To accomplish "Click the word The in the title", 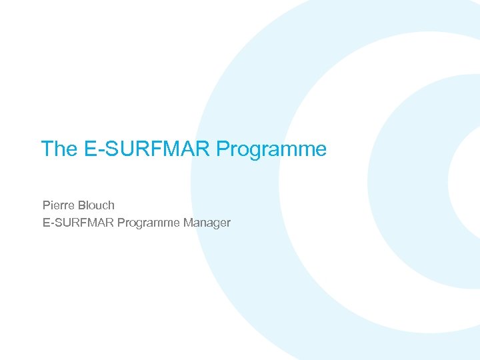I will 59,149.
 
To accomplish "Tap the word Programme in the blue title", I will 271,149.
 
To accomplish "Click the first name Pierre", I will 59,205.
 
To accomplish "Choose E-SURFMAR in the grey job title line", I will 78,223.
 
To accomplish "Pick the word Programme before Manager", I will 148,223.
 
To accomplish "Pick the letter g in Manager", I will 217,225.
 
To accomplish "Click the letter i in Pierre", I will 53,205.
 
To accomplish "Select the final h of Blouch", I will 111,205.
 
